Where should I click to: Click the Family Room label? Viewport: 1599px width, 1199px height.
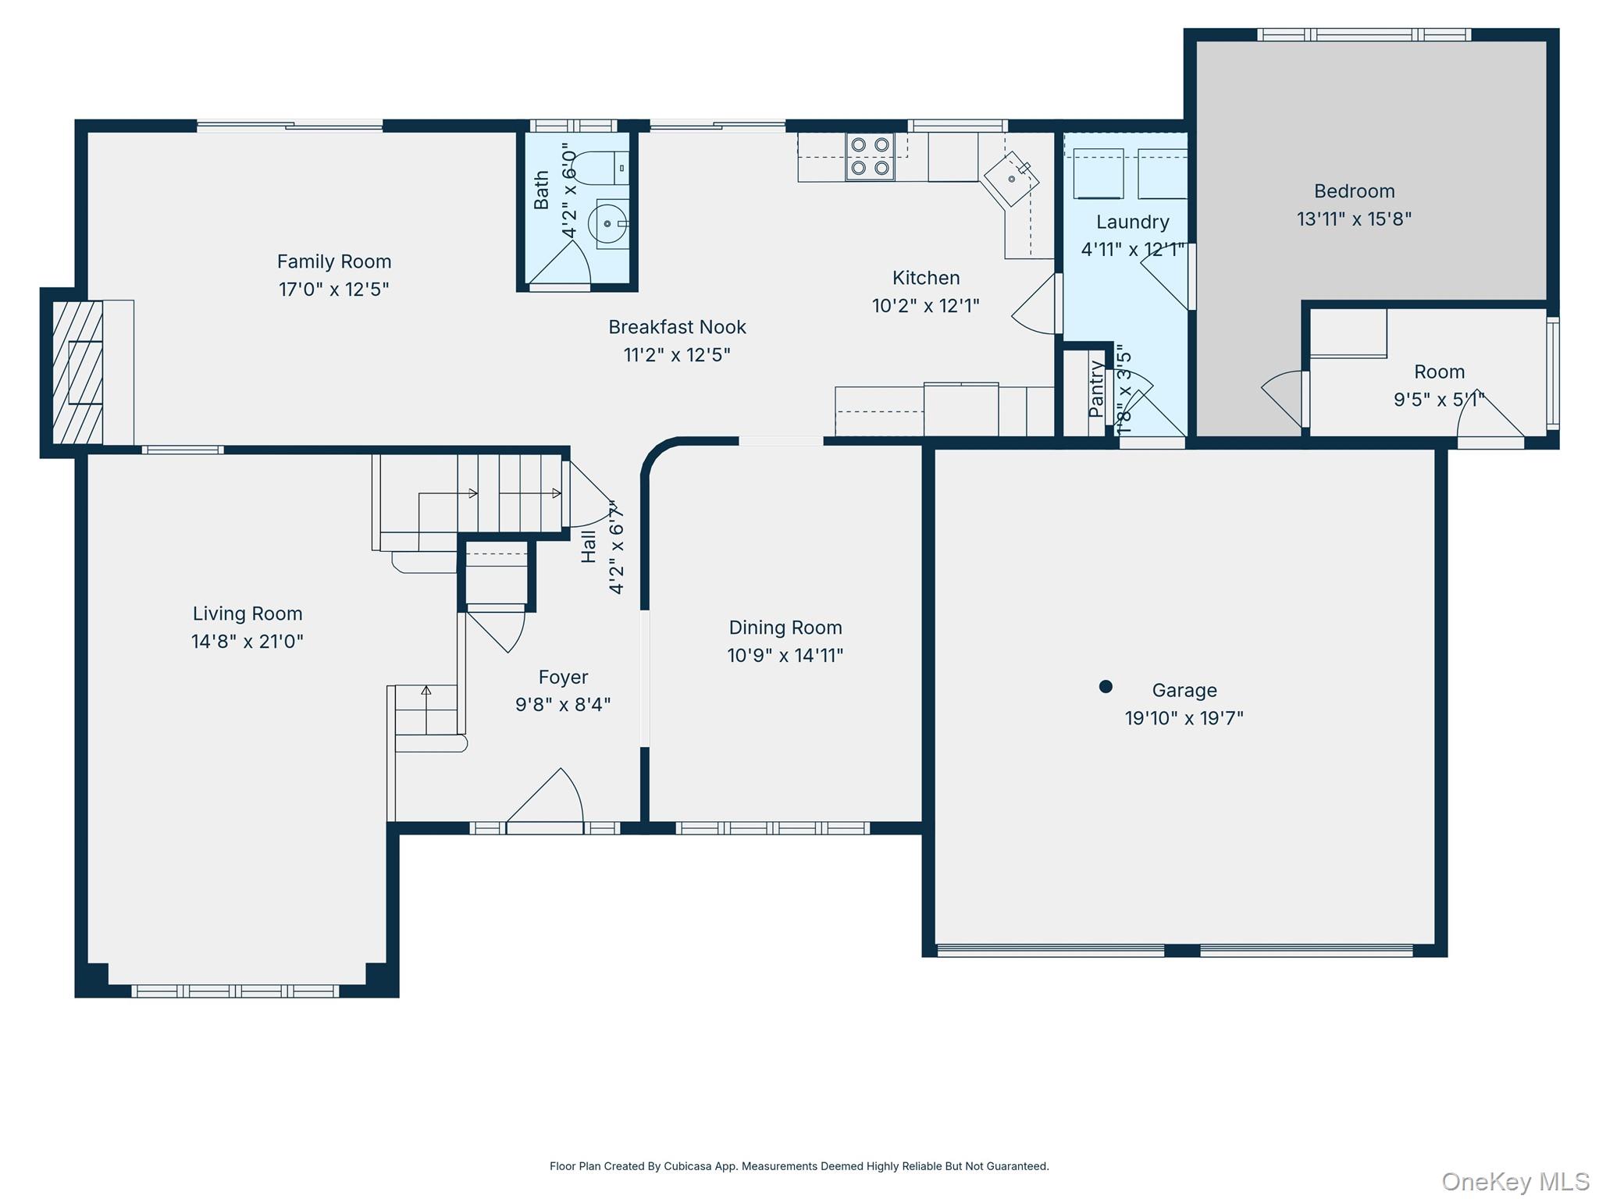333,262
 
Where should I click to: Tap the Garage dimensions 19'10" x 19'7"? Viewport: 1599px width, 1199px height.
1184,718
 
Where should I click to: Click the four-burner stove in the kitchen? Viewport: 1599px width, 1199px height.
870,156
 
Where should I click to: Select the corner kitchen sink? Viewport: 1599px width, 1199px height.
1011,179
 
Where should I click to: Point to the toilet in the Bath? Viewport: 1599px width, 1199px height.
601,167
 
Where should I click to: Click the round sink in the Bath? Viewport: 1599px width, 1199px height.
609,223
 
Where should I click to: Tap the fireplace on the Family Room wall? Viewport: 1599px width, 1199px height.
78,372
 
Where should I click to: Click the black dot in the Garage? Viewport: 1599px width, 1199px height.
1105,687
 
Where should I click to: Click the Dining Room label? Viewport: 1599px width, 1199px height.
785,628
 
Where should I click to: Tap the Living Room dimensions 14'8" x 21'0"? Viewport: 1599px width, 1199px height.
247,642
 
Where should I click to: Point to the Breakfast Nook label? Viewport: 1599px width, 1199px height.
677,327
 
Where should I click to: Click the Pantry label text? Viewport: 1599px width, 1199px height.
1095,389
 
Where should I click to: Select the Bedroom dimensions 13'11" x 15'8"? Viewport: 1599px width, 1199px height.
1354,219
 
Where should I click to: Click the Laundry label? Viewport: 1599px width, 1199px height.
1132,222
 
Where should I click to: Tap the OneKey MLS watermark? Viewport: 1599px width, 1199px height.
1515,1182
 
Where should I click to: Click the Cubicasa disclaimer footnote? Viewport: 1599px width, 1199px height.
799,1166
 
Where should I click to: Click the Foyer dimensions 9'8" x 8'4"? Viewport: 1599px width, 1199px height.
562,705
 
